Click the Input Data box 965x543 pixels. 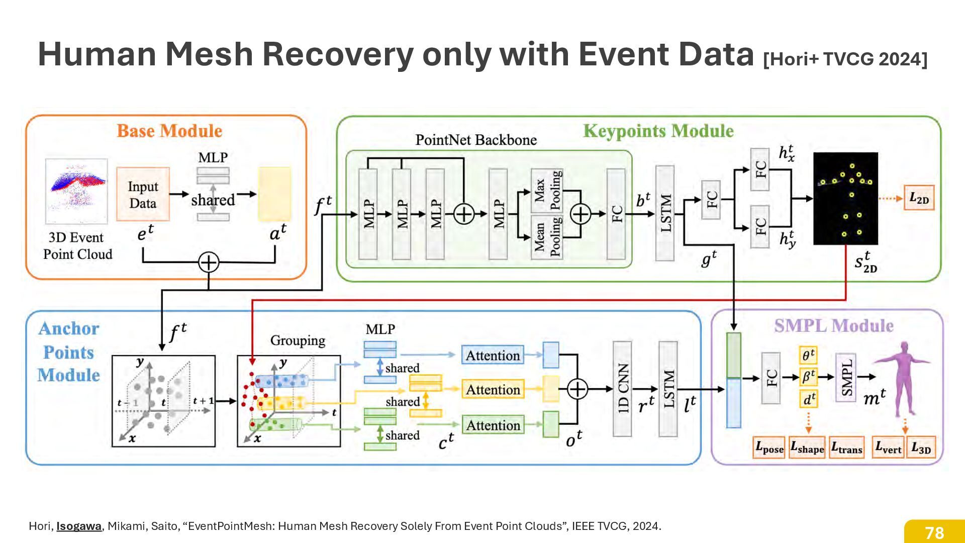(x=143, y=195)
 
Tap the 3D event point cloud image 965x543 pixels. (x=76, y=192)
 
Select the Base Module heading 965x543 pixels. (x=169, y=131)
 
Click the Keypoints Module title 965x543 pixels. (x=658, y=131)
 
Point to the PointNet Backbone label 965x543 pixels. (x=475, y=140)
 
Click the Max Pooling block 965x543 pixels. (x=547, y=190)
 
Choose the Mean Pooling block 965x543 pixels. (x=547, y=237)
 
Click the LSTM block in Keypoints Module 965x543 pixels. (x=665, y=213)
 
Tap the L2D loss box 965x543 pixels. (x=919, y=198)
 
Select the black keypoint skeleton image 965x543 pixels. (x=845, y=199)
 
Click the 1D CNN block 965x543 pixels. (x=622, y=389)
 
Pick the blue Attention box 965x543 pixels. (x=493, y=355)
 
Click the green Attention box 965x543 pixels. (x=493, y=425)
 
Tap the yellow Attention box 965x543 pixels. (x=493, y=390)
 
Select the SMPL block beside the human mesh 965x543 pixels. (x=845, y=377)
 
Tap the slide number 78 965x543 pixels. (x=934, y=532)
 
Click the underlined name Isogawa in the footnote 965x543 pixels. (x=79, y=526)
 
